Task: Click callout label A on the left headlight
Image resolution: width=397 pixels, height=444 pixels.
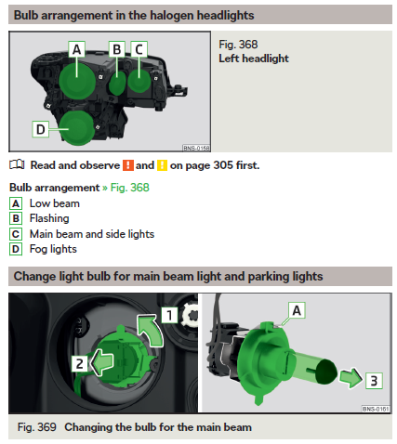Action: click(x=77, y=49)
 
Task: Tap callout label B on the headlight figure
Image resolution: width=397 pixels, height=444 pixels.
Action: click(x=117, y=49)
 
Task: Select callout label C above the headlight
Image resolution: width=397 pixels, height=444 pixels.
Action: click(x=139, y=49)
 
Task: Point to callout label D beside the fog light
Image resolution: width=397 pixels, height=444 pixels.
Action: click(x=41, y=129)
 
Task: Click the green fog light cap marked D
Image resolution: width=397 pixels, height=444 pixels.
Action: click(x=77, y=128)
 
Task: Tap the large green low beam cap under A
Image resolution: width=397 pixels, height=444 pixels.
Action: click(x=77, y=81)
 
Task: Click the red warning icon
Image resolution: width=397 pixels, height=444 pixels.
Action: click(x=128, y=165)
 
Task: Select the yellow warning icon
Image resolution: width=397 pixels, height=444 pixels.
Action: click(x=162, y=165)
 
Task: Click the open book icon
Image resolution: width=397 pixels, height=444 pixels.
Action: click(x=17, y=164)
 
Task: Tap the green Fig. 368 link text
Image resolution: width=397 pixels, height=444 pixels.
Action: click(x=130, y=188)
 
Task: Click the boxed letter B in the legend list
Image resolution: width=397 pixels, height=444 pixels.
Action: click(x=16, y=218)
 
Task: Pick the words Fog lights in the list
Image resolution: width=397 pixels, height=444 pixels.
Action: click(x=53, y=249)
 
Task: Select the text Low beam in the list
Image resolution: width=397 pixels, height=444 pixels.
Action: click(x=55, y=203)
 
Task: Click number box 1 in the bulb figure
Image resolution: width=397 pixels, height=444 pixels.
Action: click(x=169, y=315)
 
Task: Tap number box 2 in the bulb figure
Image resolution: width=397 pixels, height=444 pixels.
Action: click(x=80, y=364)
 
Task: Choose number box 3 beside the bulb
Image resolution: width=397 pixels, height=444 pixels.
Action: click(x=374, y=381)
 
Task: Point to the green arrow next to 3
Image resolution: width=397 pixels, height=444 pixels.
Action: click(x=351, y=377)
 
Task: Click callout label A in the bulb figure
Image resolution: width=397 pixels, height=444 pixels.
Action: click(x=297, y=310)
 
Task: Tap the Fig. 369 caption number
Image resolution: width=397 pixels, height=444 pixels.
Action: click(x=37, y=427)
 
